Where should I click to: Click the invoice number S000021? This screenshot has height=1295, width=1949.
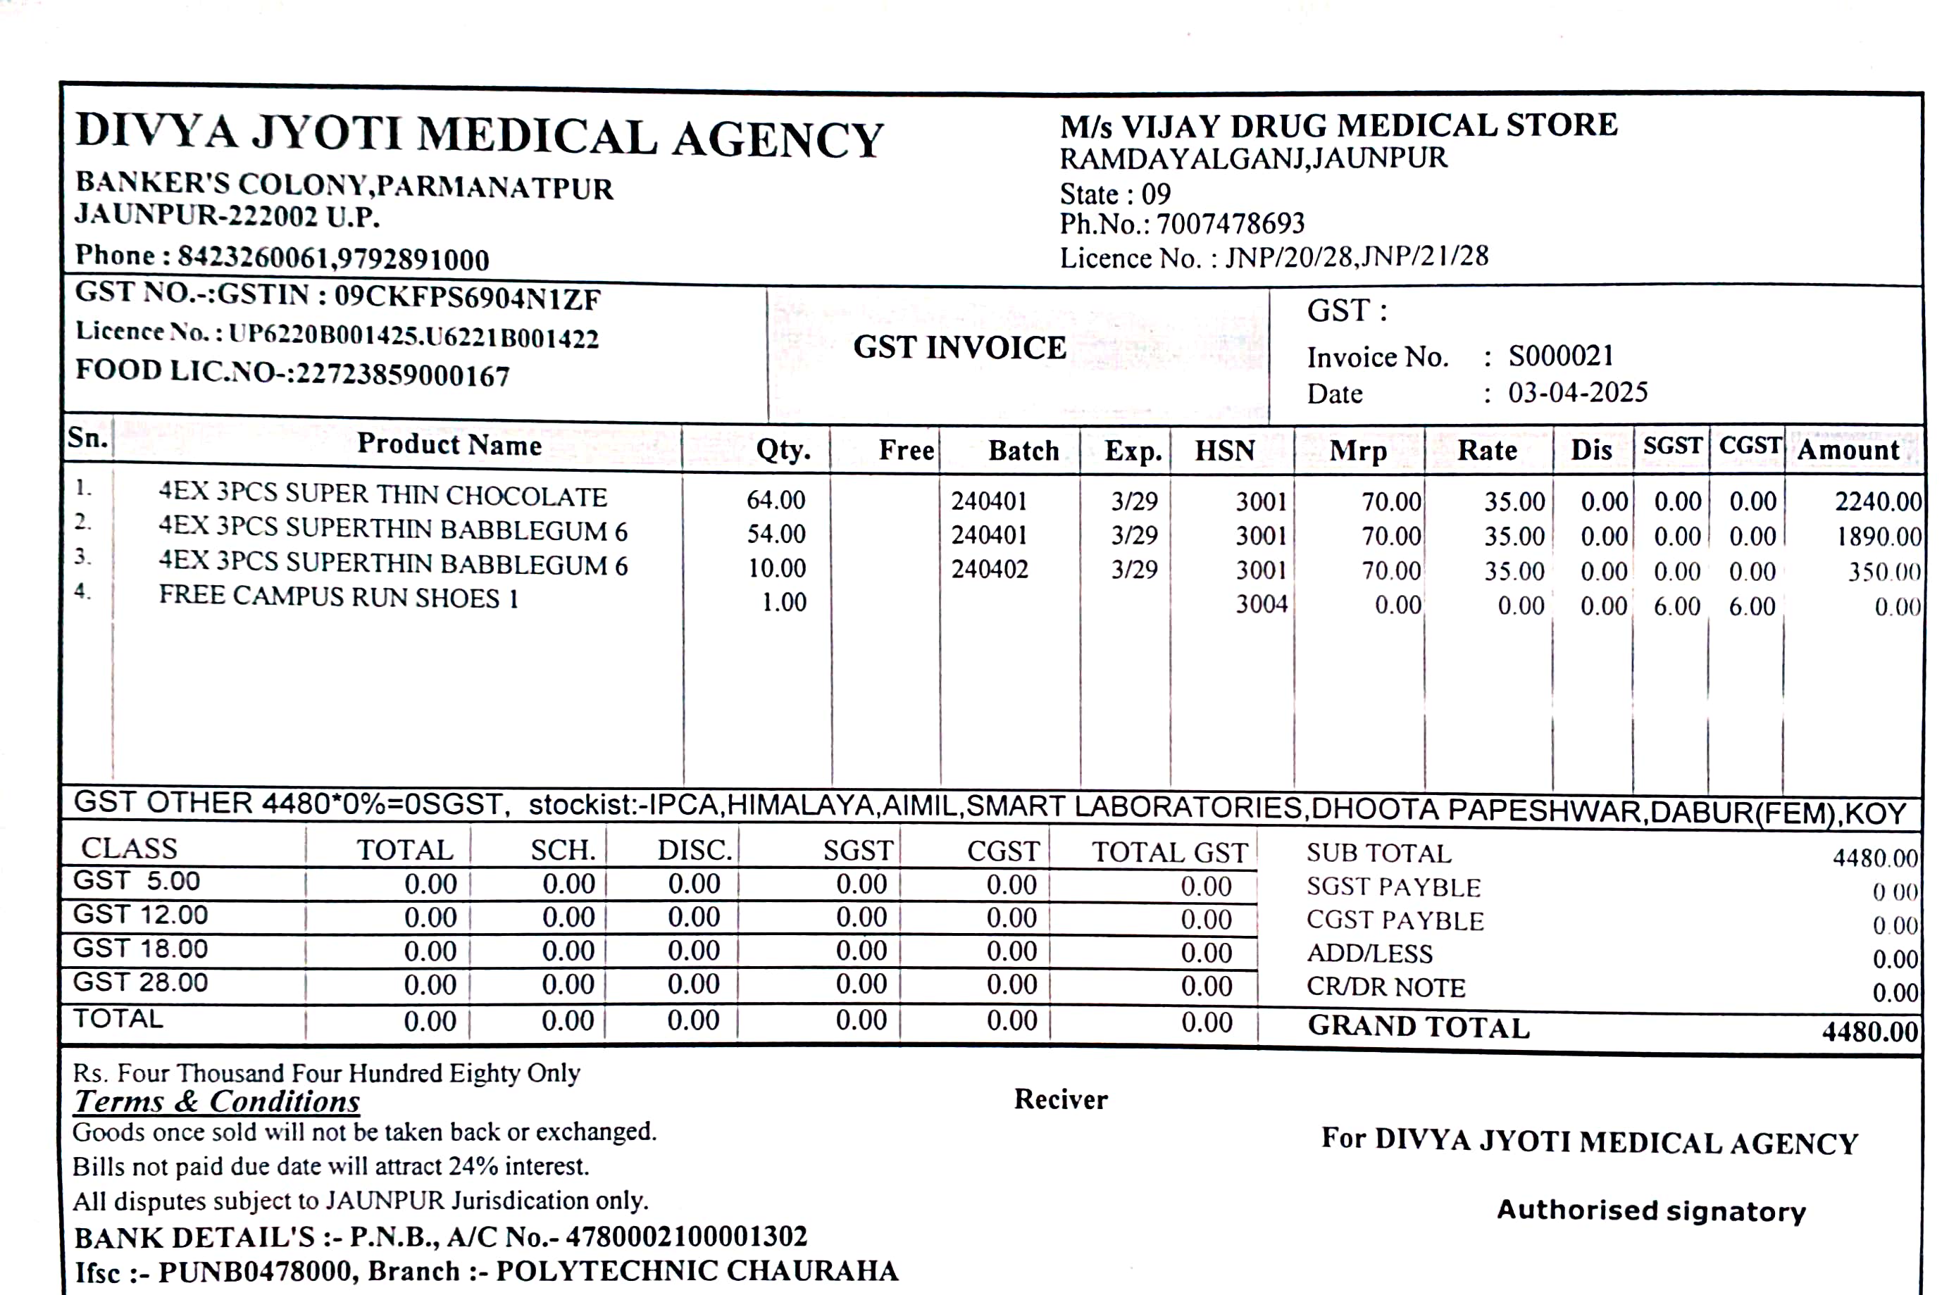[x=1560, y=356]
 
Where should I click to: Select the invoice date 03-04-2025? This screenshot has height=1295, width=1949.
[x=1577, y=392]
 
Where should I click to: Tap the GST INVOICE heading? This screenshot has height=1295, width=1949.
[x=959, y=348]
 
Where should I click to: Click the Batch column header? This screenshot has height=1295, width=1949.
[x=1023, y=451]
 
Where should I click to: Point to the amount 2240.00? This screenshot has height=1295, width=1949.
[x=1878, y=501]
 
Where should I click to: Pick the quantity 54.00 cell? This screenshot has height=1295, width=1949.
[x=776, y=534]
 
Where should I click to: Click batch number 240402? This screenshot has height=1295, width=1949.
[x=989, y=569]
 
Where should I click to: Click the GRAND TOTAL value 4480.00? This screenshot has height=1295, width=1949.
[x=1869, y=1032]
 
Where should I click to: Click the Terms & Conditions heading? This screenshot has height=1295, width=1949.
[x=216, y=1102]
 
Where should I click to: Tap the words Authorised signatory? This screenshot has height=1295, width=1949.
[x=1651, y=1210]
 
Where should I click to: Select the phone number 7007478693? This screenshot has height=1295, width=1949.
[x=1231, y=224]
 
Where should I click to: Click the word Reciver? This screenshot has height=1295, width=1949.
[x=1060, y=1099]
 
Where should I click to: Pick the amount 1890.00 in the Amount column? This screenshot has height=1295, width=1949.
[x=1879, y=537]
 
